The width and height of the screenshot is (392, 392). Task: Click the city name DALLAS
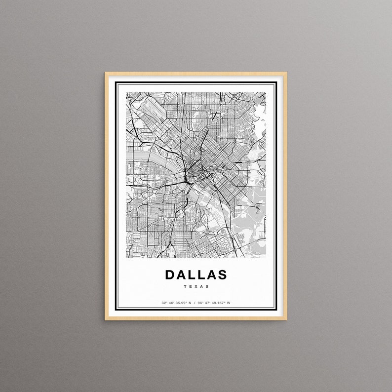pos(196,274)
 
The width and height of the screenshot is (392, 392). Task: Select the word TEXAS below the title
pos(196,286)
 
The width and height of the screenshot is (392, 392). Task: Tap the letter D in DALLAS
pos(170,274)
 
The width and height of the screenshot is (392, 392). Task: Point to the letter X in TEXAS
pos(196,286)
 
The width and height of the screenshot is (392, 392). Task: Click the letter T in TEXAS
pos(185,286)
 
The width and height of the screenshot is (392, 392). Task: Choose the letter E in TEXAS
pos(191,286)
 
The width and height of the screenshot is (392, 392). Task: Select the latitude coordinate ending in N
pos(176,303)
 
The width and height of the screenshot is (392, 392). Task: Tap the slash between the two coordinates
pos(196,303)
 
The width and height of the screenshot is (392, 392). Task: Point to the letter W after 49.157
pos(229,303)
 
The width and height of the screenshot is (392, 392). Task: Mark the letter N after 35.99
pos(190,303)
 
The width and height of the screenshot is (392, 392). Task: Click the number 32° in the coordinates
pos(163,303)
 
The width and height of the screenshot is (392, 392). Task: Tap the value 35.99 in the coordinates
pos(181,303)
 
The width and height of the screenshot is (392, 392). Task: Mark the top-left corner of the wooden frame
pos(106,73)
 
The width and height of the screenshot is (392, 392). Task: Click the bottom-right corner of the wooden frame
pos(286,319)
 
